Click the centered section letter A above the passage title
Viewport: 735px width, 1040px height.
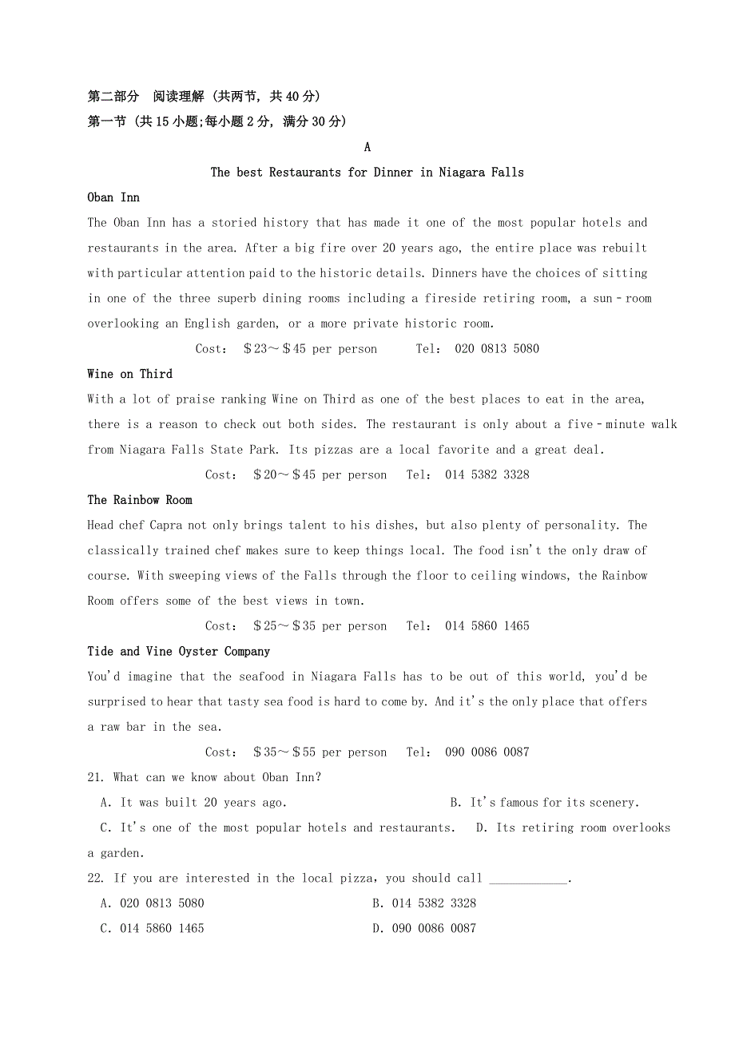(x=367, y=147)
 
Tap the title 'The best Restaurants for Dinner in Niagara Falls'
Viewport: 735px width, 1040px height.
(x=367, y=173)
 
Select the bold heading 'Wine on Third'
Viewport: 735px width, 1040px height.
(x=129, y=374)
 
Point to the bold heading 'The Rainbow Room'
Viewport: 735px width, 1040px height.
(x=140, y=500)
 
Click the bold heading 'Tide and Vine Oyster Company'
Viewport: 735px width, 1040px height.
(x=179, y=652)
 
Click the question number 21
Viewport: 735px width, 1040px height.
(x=96, y=777)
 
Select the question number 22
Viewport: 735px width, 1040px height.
(x=96, y=879)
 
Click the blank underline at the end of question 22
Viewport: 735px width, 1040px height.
(x=528, y=880)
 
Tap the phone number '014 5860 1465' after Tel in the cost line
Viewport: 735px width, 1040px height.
(x=487, y=626)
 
